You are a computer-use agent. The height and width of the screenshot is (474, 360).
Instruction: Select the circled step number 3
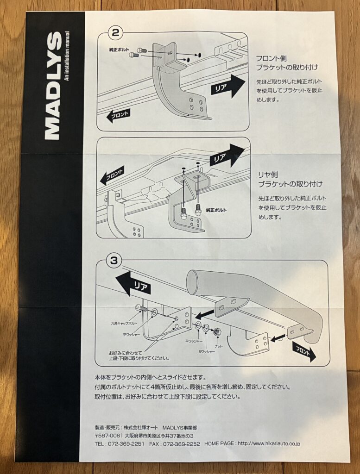click(x=114, y=260)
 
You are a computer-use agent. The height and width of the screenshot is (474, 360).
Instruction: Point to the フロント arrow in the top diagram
click(x=119, y=116)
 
